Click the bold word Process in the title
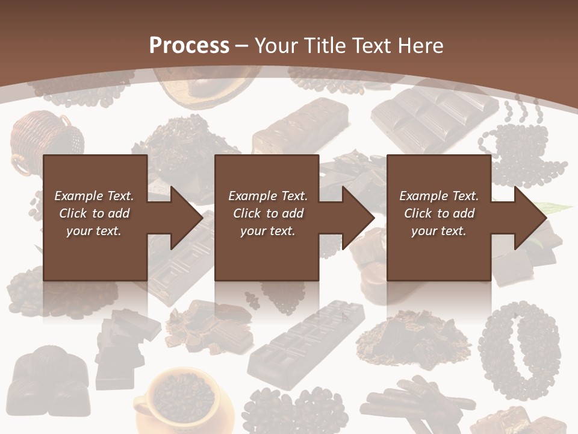(189, 45)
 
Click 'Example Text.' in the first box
(94, 196)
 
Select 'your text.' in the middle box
(267, 231)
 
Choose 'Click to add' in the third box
(439, 213)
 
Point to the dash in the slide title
(242, 45)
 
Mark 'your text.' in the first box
(94, 231)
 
